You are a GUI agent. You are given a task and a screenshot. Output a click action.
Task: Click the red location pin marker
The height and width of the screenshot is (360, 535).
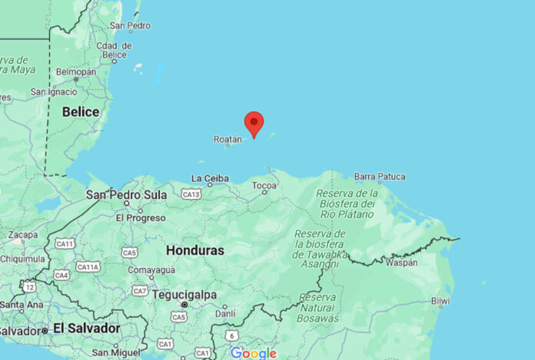254,123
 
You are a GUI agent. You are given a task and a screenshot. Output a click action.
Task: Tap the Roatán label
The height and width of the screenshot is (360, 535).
228,139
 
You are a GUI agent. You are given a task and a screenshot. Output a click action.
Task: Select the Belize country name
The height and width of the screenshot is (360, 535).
81,112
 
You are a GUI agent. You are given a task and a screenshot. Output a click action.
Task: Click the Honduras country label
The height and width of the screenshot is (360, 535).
195,251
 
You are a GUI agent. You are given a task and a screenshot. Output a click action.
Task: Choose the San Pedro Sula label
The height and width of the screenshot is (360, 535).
126,195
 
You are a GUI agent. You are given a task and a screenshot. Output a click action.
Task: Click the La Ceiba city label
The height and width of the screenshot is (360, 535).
210,178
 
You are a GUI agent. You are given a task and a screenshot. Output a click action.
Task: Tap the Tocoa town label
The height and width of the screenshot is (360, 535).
264,185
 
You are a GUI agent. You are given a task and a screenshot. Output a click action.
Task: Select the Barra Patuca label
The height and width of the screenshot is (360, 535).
379,177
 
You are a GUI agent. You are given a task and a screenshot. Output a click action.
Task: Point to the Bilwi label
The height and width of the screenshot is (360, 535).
440,301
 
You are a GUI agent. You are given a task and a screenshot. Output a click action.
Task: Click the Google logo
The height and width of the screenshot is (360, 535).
253,353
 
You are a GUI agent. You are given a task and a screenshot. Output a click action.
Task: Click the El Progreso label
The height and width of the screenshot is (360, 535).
141,218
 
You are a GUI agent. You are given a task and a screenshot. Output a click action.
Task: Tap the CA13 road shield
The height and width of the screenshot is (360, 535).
191,195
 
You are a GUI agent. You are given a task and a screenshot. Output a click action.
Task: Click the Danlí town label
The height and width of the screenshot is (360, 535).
225,314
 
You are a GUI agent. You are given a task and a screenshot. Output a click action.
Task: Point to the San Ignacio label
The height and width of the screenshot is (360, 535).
54,92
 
